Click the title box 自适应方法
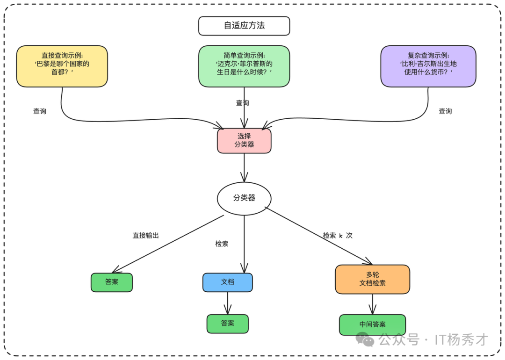click(x=244, y=26)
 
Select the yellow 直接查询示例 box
click(x=62, y=66)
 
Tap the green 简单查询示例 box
click(x=244, y=66)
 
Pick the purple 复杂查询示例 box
click(x=428, y=66)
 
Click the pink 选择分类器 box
click(x=244, y=141)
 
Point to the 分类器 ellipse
click(x=244, y=198)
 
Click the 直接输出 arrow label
click(x=145, y=236)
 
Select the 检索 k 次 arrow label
click(x=338, y=236)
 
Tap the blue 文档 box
click(x=227, y=282)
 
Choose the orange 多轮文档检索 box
click(x=372, y=279)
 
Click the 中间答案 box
click(x=372, y=324)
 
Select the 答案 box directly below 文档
click(x=227, y=324)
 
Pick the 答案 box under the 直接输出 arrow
click(x=112, y=282)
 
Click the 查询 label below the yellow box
click(x=40, y=111)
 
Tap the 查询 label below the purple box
click(x=445, y=111)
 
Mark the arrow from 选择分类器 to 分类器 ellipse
click(x=244, y=167)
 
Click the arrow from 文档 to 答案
click(x=228, y=303)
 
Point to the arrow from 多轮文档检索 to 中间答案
click(x=373, y=304)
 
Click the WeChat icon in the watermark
click(x=365, y=339)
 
